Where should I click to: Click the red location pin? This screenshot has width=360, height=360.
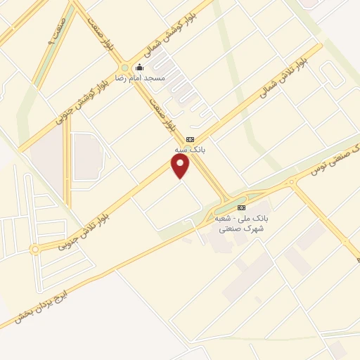tap(181, 166)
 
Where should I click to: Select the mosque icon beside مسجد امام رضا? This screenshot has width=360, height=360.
tap(139, 67)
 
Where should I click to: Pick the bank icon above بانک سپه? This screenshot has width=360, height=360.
tap(190, 140)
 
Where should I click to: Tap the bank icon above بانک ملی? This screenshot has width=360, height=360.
tap(242, 207)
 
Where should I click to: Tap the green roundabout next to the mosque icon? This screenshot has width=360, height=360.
tap(125, 67)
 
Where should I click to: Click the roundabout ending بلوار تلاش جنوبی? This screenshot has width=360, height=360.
tap(34, 249)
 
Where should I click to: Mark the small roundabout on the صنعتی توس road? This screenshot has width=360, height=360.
tap(291, 184)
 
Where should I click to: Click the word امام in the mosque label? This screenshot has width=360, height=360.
tap(143, 78)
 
